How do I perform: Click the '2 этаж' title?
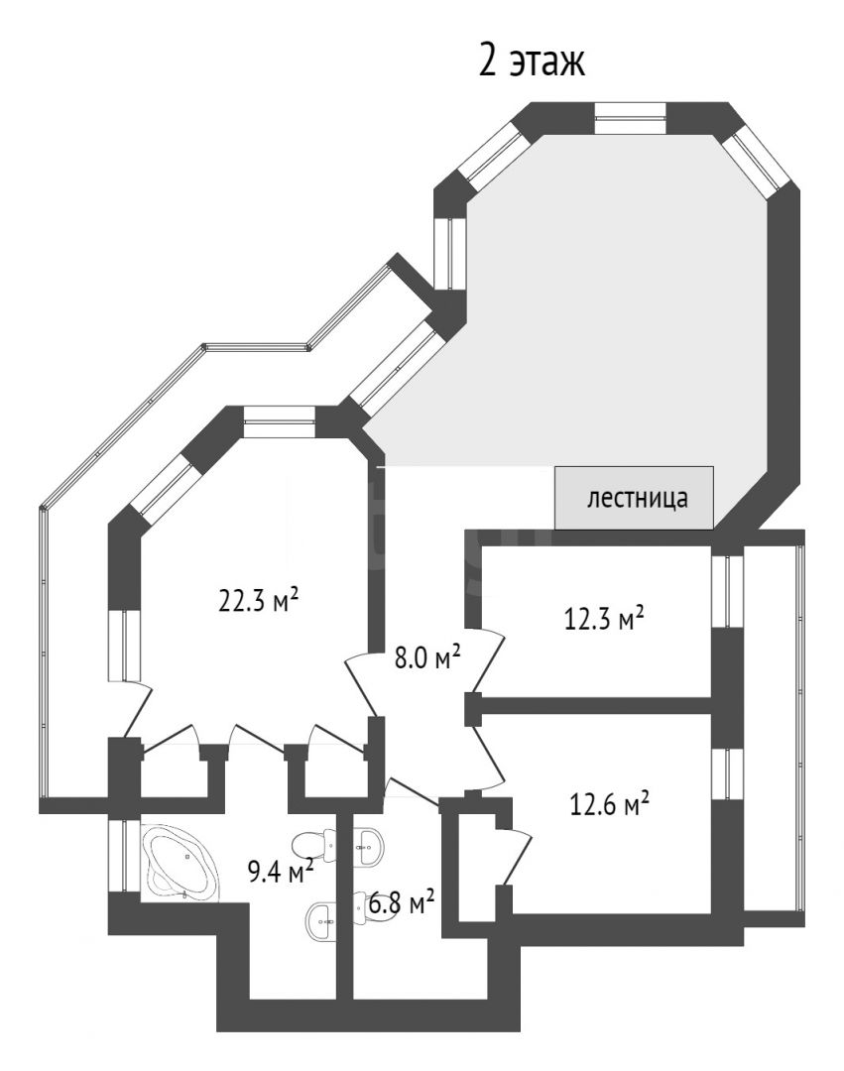click(x=532, y=61)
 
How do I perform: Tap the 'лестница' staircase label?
click(x=637, y=499)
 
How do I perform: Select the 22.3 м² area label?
click(x=258, y=600)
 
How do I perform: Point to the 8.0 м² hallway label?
click(x=428, y=658)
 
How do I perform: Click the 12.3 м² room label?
click(x=604, y=619)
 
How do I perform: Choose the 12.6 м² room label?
click(x=609, y=804)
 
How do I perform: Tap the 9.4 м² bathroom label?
click(x=281, y=872)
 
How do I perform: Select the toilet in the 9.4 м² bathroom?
click(x=314, y=845)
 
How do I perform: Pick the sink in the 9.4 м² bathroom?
click(x=322, y=921)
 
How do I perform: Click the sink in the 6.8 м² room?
click(x=369, y=848)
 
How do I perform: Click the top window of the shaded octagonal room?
click(x=630, y=117)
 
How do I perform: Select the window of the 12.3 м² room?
click(x=727, y=591)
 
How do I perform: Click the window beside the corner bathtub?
click(x=124, y=856)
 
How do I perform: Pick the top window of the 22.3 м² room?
click(x=280, y=421)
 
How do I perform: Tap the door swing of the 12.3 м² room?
click(x=488, y=659)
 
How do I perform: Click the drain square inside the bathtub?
click(x=186, y=855)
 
